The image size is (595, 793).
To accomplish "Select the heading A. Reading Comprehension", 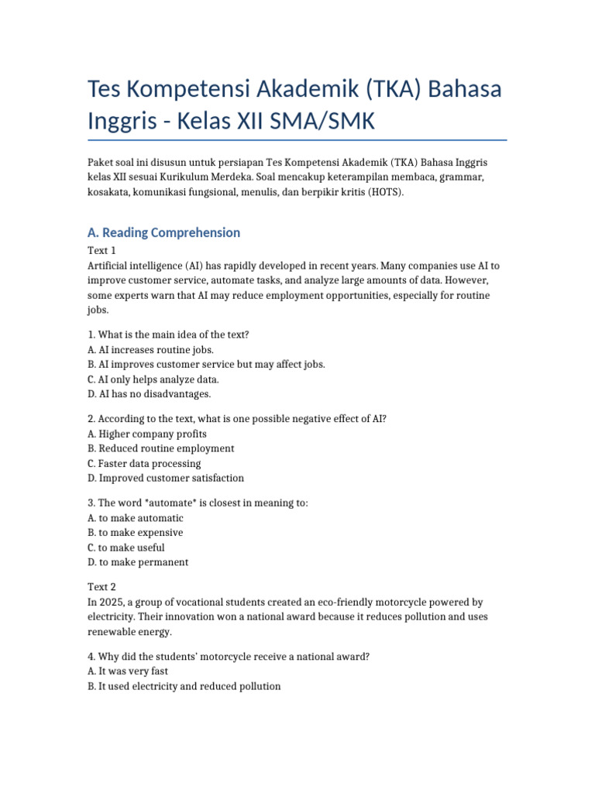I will click(x=163, y=232).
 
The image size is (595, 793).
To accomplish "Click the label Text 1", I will click(x=101, y=251).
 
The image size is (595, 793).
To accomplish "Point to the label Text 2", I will click(x=101, y=587).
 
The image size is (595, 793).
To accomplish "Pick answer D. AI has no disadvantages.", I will click(x=149, y=394).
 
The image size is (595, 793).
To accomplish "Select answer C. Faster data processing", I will click(x=144, y=463).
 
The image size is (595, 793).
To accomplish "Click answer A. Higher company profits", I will click(x=147, y=434).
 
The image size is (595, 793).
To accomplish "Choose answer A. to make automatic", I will click(x=136, y=517).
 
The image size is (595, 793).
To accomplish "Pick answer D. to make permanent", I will click(x=138, y=562).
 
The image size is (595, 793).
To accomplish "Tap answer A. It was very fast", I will click(x=128, y=671).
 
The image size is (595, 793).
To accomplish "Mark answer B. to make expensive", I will click(x=136, y=533).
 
